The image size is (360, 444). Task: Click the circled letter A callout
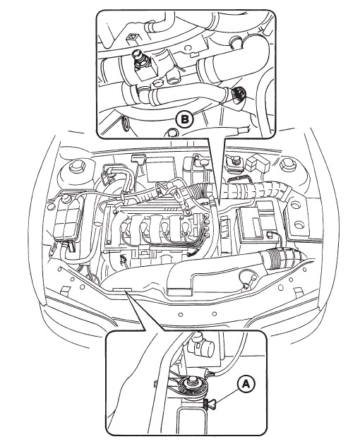tap(246, 384)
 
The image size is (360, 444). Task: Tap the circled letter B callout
tap(184, 119)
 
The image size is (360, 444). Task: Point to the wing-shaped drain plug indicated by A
tap(210, 402)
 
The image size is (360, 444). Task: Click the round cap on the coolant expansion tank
tap(66, 198)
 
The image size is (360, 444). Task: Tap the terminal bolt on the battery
tap(270, 234)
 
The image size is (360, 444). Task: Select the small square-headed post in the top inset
tap(132, 37)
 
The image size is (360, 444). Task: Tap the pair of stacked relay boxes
tap(256, 164)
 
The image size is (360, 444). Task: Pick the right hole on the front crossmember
tap(215, 313)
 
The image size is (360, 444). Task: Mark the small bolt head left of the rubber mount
tap(156, 384)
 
